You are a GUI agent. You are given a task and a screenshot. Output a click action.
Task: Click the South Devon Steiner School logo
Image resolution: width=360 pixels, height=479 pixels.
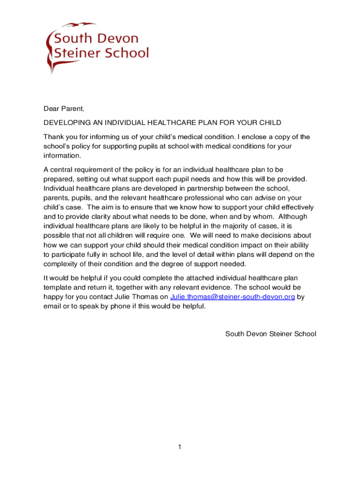[x=97, y=47]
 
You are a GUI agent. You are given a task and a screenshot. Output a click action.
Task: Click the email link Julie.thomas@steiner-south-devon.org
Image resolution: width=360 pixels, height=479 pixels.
[x=232, y=297]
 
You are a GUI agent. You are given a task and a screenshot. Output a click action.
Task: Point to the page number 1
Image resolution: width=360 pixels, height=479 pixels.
[x=179, y=447]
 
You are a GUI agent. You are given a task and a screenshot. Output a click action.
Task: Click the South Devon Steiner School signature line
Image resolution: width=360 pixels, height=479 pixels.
[x=271, y=334]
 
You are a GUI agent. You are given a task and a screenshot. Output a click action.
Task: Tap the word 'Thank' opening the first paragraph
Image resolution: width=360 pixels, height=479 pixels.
[x=53, y=137]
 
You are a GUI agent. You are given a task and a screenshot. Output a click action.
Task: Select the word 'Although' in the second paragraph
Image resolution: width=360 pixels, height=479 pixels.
[x=300, y=217]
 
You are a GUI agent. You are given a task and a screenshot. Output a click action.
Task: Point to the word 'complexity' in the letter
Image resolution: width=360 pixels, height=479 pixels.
[x=61, y=264]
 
